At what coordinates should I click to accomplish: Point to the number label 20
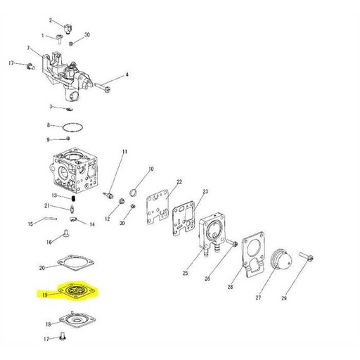[42, 268]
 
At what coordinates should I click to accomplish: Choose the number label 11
[125, 153]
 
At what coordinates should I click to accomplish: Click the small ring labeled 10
[133, 192]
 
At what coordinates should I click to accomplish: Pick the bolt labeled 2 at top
[69, 27]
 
